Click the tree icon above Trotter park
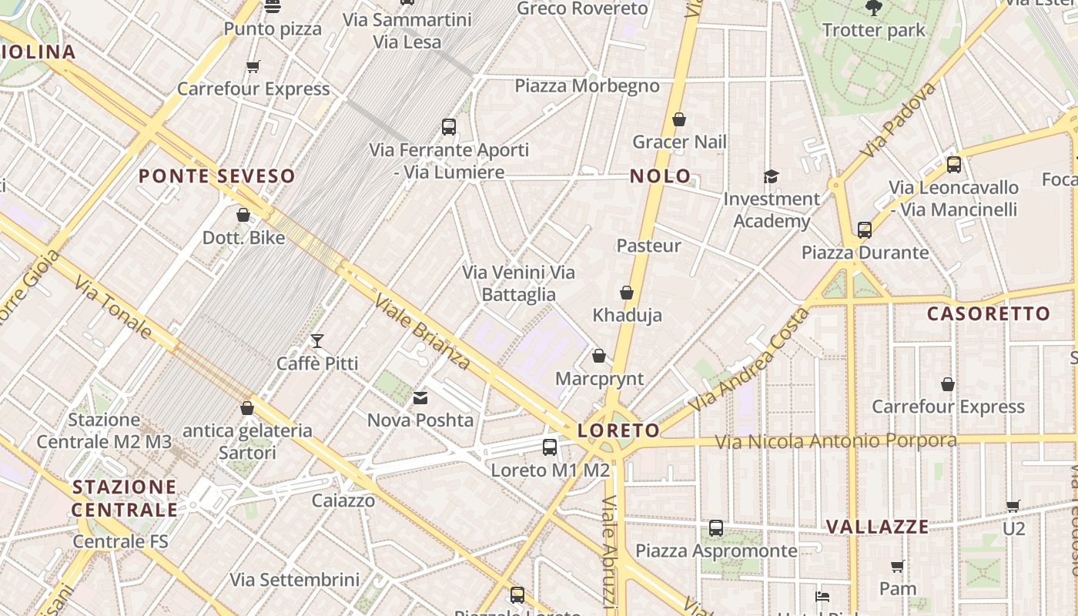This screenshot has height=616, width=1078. point(873,8)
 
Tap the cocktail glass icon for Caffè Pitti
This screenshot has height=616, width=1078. point(316,340)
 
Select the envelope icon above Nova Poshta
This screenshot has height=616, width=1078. point(420,398)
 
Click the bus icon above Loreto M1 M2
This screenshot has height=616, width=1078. point(550,447)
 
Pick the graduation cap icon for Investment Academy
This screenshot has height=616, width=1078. point(772,176)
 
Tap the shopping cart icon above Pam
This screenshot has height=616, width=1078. point(897,567)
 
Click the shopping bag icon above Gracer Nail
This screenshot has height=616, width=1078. point(679,119)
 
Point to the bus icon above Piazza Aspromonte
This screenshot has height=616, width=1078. point(716,528)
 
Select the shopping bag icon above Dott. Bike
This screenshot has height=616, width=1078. point(243,215)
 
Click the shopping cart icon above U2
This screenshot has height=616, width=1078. point(1013,506)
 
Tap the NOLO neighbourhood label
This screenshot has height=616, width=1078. point(661,176)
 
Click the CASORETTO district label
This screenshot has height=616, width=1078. point(989,313)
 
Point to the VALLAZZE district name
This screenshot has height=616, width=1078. point(878,527)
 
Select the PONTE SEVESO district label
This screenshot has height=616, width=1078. point(217,176)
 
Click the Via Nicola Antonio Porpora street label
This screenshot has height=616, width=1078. point(835,441)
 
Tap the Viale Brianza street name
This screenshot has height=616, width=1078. point(422,331)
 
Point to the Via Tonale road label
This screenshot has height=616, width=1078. point(113,307)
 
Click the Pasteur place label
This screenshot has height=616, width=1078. point(649,246)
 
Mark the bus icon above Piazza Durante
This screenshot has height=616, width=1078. point(865,229)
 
